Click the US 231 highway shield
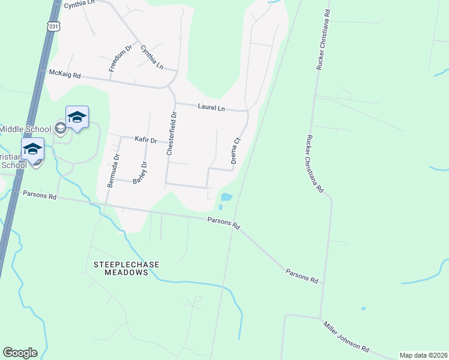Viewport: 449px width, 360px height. (x=53, y=26)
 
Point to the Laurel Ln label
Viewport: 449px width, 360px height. (x=211, y=107)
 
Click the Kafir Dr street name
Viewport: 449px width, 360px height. (x=145, y=140)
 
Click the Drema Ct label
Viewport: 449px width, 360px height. (x=236, y=151)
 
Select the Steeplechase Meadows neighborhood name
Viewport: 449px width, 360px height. (x=121, y=268)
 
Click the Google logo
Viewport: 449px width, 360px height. (x=20, y=353)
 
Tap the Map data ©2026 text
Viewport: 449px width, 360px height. (x=423, y=355)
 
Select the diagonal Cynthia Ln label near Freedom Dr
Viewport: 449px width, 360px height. (x=152, y=57)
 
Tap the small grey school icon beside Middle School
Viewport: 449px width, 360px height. (x=59, y=127)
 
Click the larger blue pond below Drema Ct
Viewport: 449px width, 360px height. (x=226, y=197)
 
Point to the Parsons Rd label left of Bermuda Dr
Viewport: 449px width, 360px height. (x=40, y=195)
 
